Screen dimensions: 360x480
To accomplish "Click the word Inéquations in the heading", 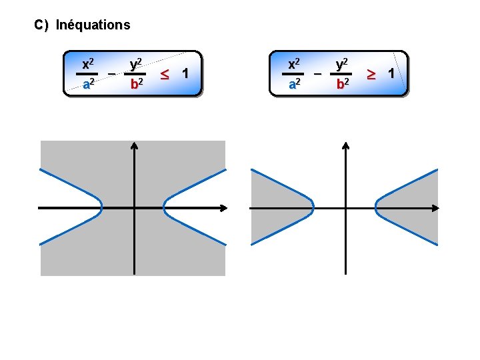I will coord(93,25).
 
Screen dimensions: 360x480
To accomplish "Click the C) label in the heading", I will coord(41,25).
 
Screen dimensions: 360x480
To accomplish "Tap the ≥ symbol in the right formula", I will coord(373,71).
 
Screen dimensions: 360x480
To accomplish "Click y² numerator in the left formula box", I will coord(135,64).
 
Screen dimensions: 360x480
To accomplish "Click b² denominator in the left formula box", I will coord(135,84).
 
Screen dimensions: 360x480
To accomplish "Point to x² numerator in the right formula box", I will coord(294,64).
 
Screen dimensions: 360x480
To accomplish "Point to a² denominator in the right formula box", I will coord(294,84).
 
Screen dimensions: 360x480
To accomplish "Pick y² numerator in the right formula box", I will coord(343,64).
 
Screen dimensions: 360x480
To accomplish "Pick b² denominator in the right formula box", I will coord(343,84).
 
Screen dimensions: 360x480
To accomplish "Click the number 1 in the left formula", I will coord(185,71).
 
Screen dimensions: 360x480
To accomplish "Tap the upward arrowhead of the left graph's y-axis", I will coord(134,146).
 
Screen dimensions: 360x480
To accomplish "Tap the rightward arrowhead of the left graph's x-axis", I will coord(225,208).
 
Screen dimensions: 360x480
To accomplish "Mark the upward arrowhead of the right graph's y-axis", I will coord(345,146).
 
